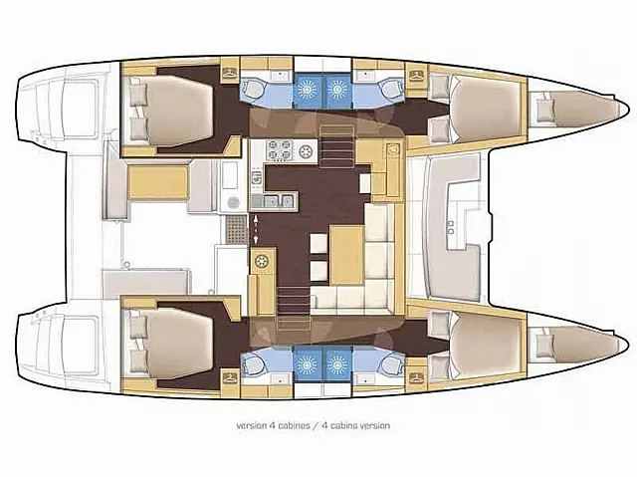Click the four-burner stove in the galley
coord(275,153)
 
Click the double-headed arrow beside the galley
coord(258,228)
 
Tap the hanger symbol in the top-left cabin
coord(229,73)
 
